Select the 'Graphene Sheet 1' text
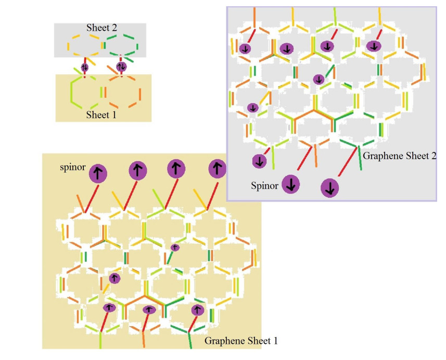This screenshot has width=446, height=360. click(x=241, y=341)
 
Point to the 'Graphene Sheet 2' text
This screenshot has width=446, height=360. click(x=399, y=156)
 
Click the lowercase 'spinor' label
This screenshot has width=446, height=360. click(x=72, y=169)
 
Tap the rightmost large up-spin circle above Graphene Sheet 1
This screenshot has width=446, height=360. click(x=217, y=169)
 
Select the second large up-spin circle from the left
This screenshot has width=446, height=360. click(x=137, y=170)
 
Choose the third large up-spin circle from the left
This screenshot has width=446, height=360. click(x=176, y=169)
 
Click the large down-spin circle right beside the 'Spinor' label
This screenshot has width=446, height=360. click(x=291, y=184)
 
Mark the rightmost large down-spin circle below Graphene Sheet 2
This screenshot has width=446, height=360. click(x=329, y=188)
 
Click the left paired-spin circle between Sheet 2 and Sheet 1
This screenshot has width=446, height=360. click(x=85, y=67)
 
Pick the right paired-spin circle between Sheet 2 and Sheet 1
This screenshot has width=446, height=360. click(x=121, y=67)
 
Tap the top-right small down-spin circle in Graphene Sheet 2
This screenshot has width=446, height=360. click(x=373, y=46)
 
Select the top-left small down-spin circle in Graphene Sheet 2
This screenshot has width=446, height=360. click(x=245, y=49)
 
